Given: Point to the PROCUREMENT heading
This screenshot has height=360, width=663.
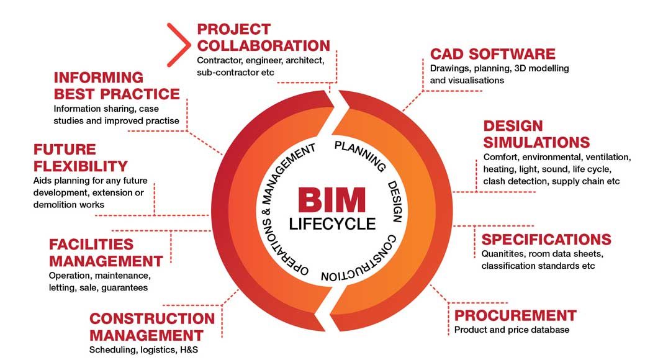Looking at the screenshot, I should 515,315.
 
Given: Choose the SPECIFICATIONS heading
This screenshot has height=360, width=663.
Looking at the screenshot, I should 546,240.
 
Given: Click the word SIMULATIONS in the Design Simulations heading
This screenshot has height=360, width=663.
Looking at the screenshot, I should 537,142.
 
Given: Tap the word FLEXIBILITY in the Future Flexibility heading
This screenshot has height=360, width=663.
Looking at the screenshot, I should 81,166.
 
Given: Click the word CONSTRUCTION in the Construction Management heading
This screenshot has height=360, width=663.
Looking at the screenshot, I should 152,319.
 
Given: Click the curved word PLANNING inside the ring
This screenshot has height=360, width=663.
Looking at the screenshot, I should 361,156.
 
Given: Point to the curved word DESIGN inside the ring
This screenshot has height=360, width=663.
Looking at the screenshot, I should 395,202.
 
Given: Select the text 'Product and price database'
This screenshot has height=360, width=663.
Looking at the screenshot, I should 512,330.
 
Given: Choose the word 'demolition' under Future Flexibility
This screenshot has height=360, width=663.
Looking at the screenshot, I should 55,204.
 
